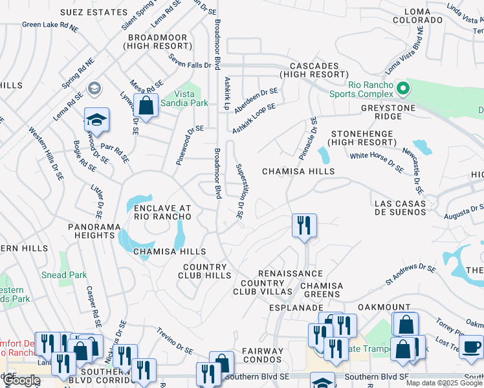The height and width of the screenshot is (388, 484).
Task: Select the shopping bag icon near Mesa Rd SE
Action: click(x=146, y=105)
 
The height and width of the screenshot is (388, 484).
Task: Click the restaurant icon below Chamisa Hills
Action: click(x=303, y=226)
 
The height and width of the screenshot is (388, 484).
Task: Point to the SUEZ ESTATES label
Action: click(x=94, y=12)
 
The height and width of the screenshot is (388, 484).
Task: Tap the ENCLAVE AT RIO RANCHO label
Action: click(x=163, y=212)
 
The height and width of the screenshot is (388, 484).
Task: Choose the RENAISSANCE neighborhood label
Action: click(x=291, y=274)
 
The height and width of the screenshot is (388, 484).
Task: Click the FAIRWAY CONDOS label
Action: click(x=263, y=356)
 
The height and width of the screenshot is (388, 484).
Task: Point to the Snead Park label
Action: click(x=65, y=275)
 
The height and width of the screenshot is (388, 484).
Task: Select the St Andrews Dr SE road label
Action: click(x=411, y=274)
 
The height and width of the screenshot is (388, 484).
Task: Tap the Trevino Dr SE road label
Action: click(x=174, y=341)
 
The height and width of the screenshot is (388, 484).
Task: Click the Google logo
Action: click(x=21, y=380)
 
